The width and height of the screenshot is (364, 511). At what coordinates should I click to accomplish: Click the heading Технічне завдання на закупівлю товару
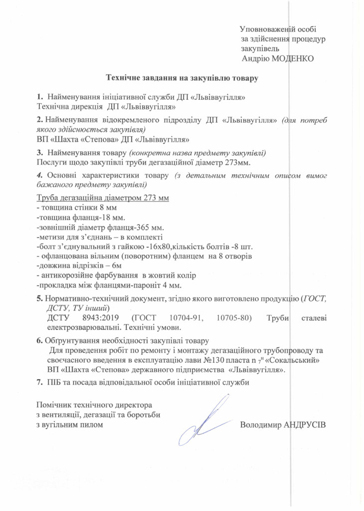coord(182,77)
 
